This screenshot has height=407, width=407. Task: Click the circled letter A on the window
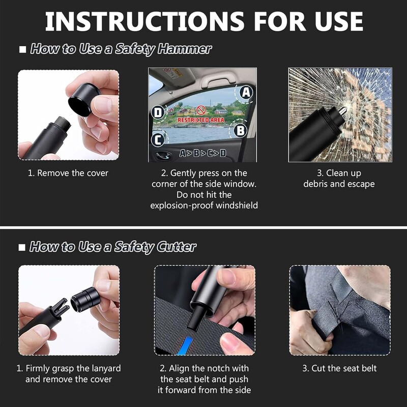click(246, 92)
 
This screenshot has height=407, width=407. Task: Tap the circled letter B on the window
click(241, 130)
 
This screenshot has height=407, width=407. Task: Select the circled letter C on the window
click(159, 139)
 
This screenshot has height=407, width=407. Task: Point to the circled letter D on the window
click(159, 112)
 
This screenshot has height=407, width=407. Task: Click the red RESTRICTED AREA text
click(201, 120)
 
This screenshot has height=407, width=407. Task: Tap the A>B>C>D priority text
click(203, 153)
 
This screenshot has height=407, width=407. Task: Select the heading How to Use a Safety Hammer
click(121, 49)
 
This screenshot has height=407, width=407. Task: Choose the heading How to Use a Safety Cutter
click(112, 247)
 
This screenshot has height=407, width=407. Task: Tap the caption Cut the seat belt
click(340, 368)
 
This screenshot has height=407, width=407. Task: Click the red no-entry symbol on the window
click(201, 109)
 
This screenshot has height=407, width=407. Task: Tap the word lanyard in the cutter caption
click(104, 368)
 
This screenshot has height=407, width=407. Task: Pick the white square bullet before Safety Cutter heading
click(22, 248)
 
